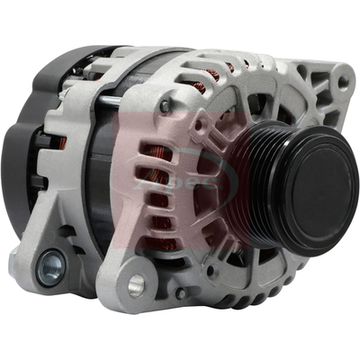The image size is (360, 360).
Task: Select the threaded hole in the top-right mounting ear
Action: [340, 83]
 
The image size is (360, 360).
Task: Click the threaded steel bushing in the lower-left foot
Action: [50, 265]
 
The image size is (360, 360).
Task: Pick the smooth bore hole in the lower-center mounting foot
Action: [136, 285]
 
